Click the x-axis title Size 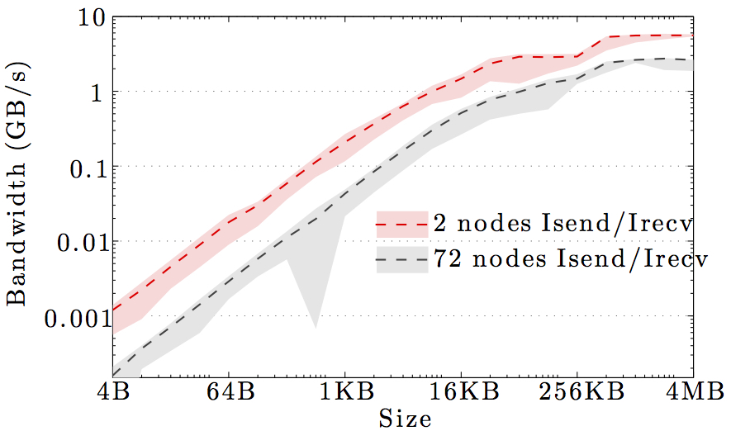(x=405, y=417)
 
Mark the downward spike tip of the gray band (x=316, y=328)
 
